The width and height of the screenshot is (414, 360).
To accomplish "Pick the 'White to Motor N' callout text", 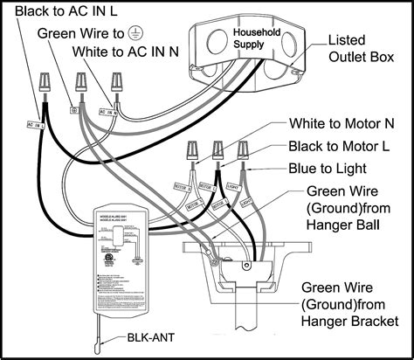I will coord(342,125).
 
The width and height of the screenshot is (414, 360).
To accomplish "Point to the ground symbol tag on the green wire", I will coord(74,112).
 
